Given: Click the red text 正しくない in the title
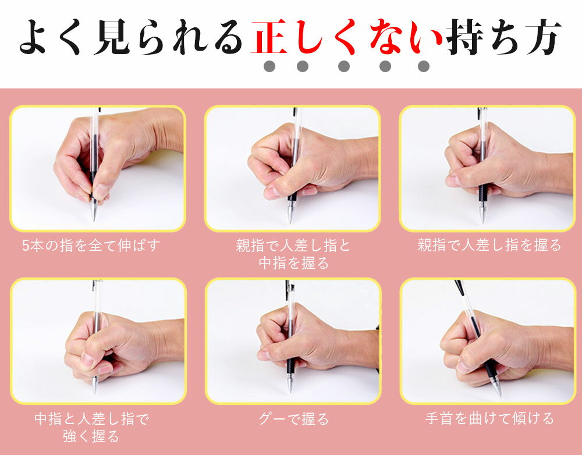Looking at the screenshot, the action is pyautogui.click(x=347, y=37).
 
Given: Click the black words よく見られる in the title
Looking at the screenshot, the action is pyautogui.click(x=130, y=37).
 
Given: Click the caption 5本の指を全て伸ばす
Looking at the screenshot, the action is pyautogui.click(x=91, y=246).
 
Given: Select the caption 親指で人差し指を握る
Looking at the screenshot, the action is pyautogui.click(x=489, y=246).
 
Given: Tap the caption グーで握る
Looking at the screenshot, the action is pyautogui.click(x=293, y=419).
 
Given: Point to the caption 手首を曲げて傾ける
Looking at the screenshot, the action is pyautogui.click(x=489, y=418).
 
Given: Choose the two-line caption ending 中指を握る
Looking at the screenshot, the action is pyautogui.click(x=293, y=254).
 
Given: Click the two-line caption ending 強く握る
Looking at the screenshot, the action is pyautogui.click(x=91, y=428).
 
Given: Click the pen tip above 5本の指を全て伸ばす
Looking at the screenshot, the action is pyautogui.click(x=94, y=220).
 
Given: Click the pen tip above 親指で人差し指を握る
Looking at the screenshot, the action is pyautogui.click(x=482, y=222).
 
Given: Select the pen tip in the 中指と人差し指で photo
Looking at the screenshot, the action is pyautogui.click(x=95, y=392).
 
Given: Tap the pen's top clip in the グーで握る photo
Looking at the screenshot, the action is pyautogui.click(x=288, y=290).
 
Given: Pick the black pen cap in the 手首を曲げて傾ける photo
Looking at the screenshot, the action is pyautogui.click(x=460, y=287).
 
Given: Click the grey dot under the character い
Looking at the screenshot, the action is pyautogui.click(x=424, y=66).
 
